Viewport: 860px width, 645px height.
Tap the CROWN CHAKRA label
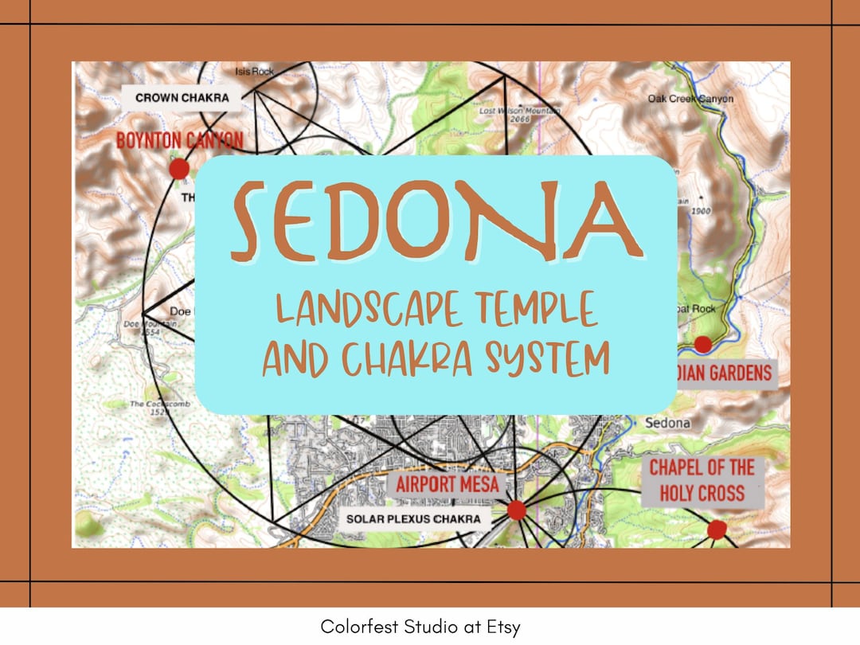click(182, 98)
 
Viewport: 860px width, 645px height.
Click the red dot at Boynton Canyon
click(179, 169)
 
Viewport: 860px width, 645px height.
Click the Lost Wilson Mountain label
click(518, 112)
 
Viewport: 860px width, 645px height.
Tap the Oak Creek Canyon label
click(690, 100)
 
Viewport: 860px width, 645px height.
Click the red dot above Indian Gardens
click(702, 345)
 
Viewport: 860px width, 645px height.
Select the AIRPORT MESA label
click(448, 483)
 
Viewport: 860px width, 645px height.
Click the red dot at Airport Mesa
click(517, 510)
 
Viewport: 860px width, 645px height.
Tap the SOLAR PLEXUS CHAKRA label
click(413, 519)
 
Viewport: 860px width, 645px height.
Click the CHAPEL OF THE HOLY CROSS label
click(702, 480)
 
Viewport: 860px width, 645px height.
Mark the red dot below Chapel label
click(717, 530)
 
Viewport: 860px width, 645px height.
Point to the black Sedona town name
click(667, 423)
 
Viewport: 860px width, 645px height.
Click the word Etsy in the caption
click(502, 627)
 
